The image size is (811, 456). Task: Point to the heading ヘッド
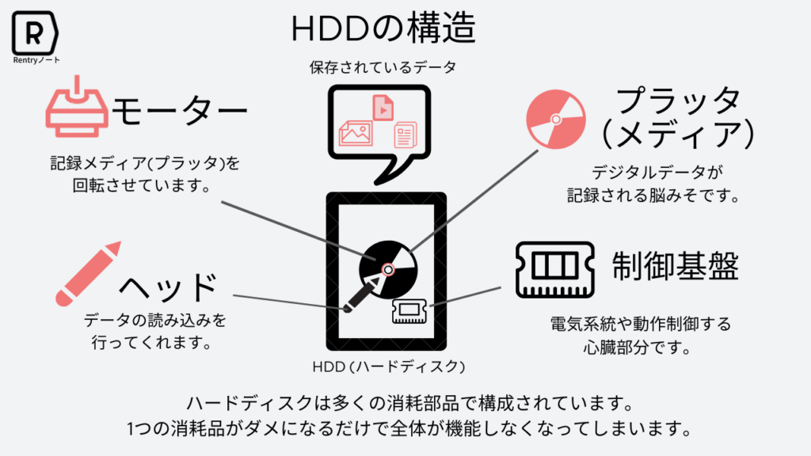pos(168,288)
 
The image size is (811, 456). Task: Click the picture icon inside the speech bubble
pos(356,133)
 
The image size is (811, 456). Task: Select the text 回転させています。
pos(143,188)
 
